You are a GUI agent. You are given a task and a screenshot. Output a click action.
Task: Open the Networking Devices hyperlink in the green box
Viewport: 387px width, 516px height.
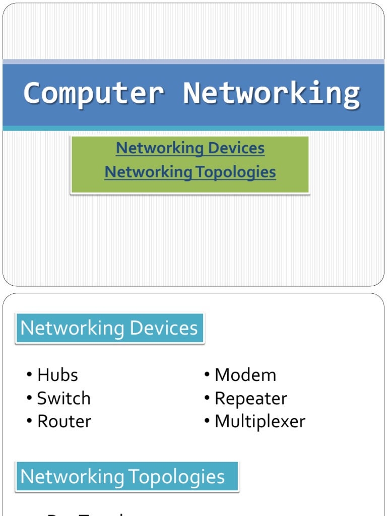tap(190, 148)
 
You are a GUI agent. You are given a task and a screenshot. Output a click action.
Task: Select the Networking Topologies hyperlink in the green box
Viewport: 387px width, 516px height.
tap(190, 172)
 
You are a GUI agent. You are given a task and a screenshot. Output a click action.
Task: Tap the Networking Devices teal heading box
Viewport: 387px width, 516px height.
tap(109, 328)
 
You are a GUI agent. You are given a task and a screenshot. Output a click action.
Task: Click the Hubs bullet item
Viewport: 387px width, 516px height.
tap(57, 375)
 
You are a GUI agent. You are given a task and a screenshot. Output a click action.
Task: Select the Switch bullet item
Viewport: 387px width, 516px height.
tap(63, 398)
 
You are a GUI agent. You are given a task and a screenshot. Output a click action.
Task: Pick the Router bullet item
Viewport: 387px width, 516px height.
tap(64, 421)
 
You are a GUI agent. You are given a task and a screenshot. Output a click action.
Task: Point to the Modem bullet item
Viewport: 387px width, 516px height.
tap(245, 375)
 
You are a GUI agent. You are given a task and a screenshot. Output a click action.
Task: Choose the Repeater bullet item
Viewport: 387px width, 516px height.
tap(250, 398)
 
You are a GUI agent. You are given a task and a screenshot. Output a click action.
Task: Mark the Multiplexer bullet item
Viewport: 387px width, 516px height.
tap(260, 421)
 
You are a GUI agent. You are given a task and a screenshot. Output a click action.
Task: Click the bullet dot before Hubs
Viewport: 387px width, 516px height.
tap(30, 375)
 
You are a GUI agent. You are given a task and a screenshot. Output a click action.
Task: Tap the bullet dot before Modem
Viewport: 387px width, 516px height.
tap(207, 375)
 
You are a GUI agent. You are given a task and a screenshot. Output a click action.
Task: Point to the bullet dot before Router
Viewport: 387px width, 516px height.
tap(30, 421)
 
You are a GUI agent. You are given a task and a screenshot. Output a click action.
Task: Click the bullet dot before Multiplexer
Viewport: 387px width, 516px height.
tap(207, 421)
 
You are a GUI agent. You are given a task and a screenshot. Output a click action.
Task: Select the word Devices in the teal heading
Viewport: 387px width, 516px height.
tap(164, 328)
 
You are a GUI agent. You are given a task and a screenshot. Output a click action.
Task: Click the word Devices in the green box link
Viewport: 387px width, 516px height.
tap(235, 148)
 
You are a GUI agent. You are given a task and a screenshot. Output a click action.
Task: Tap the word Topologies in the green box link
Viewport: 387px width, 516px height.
tap(235, 172)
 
